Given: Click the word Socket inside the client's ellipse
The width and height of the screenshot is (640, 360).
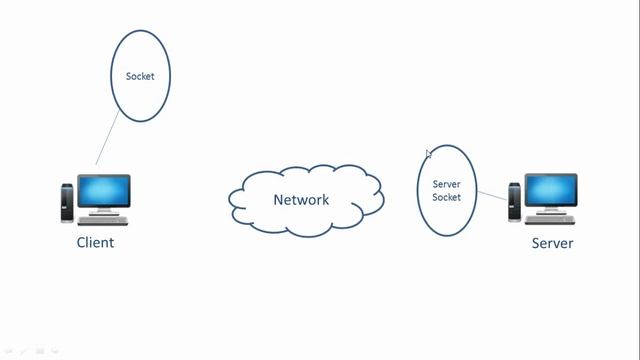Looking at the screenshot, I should point(140,76).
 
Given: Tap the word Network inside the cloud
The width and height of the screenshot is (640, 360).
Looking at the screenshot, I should point(301,199).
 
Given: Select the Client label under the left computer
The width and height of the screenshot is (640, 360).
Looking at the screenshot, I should point(95,242).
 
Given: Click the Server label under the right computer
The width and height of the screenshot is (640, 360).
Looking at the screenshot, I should point(552,243).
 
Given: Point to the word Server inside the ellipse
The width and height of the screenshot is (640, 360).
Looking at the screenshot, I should point(446,184).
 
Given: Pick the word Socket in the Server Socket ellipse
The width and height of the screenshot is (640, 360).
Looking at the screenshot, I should point(446,197).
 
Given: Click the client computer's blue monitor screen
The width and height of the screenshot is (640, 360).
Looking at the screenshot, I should point(103,190).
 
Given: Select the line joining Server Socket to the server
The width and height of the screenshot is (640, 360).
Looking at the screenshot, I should point(491,195).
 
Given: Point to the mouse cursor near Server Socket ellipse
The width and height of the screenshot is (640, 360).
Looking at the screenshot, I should point(428,153).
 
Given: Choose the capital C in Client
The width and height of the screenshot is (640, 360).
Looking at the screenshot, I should point(81,242).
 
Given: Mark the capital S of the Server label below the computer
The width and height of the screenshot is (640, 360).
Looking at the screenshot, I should point(535,243).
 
